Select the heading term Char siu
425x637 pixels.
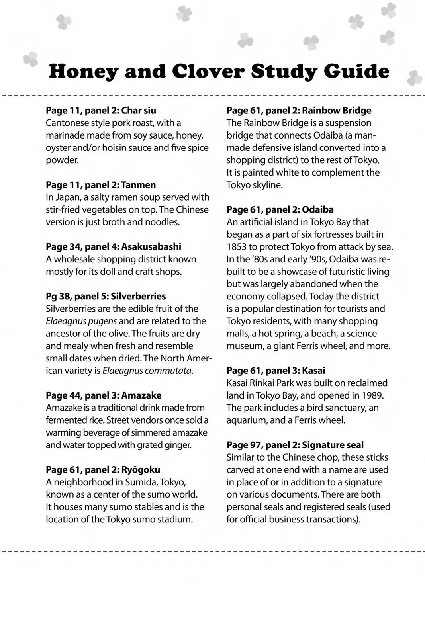point(139,110)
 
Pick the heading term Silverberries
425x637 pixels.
point(138,296)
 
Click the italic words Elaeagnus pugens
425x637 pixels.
point(81,321)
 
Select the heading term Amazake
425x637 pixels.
point(141,395)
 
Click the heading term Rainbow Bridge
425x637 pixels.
point(337,110)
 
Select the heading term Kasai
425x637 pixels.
point(313,371)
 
